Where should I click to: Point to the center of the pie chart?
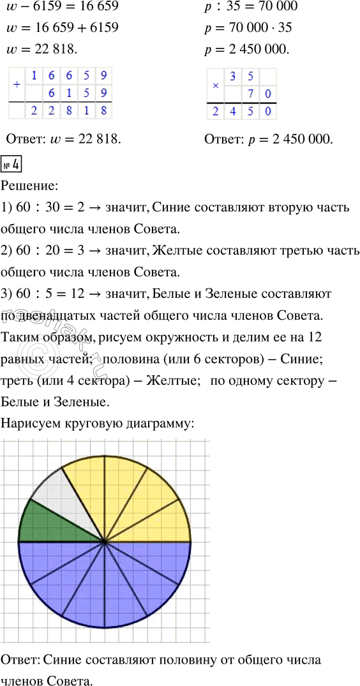point(105,541)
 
